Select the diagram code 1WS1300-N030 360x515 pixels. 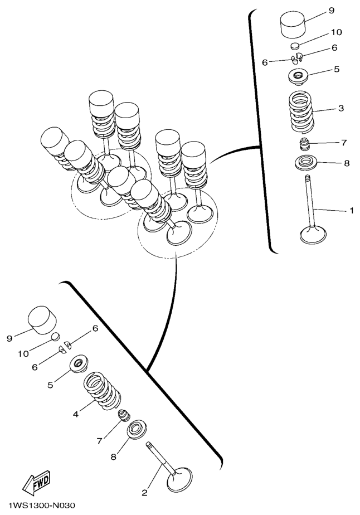click(42, 505)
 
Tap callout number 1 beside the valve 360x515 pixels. click(352, 210)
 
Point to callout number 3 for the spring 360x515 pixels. click(341, 108)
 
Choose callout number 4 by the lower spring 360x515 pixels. click(76, 414)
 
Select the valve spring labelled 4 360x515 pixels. click(102, 391)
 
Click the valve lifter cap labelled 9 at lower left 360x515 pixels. click(42, 320)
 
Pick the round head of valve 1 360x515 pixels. click(313, 235)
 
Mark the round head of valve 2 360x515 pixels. click(179, 478)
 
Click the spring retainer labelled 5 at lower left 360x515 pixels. click(79, 365)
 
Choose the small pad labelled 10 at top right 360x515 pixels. click(296, 45)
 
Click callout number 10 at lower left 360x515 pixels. click(23, 354)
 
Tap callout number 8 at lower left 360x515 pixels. click(113, 457)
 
